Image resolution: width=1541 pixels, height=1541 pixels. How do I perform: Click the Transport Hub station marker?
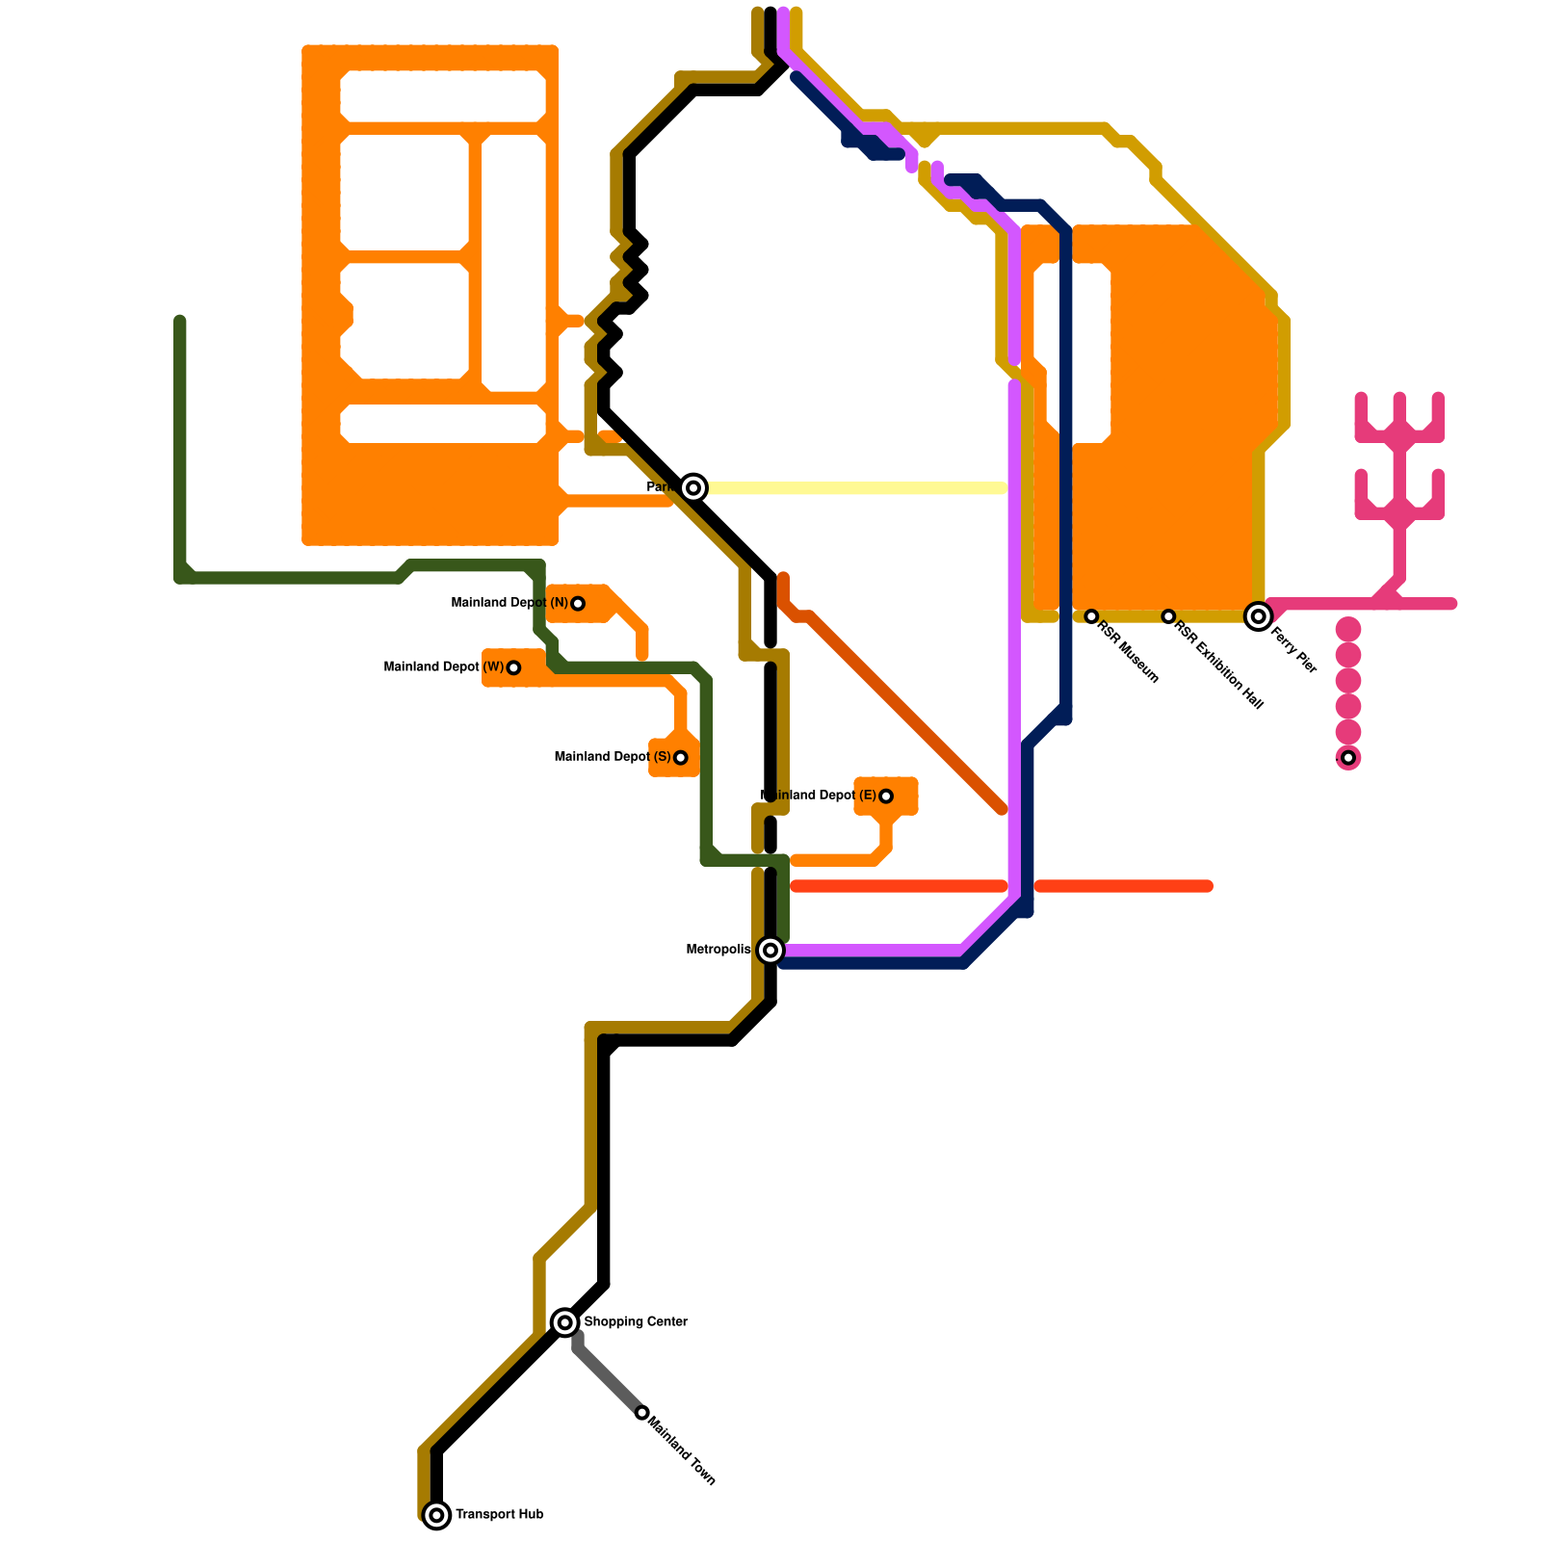click(436, 1515)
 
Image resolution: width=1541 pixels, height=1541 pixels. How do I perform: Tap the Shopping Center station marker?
click(565, 1322)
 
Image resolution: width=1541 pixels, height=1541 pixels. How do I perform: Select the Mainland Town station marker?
click(642, 1413)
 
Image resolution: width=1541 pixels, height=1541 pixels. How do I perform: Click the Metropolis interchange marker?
click(770, 951)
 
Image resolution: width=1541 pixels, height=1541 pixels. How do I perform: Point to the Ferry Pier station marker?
click(1258, 616)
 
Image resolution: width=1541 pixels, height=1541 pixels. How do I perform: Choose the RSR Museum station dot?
click(1091, 616)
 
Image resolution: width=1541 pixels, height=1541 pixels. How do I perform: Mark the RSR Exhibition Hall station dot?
click(1168, 616)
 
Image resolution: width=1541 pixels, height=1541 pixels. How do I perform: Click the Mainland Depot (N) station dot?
click(578, 604)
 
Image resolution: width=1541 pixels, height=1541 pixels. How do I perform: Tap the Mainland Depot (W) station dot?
click(513, 667)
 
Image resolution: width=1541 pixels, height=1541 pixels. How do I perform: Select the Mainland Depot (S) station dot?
click(681, 758)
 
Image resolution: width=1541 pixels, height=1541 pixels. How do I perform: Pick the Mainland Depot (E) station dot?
click(886, 797)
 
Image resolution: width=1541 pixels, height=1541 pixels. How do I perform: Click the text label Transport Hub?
click(499, 1515)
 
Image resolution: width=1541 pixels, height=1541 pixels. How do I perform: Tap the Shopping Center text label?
click(636, 1322)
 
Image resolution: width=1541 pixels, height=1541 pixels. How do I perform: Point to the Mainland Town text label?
click(682, 1450)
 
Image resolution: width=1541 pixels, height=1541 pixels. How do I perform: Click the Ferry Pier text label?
click(1293, 650)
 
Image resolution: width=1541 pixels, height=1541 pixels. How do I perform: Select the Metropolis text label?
click(718, 951)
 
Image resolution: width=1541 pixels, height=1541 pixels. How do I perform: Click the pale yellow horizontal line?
click(857, 488)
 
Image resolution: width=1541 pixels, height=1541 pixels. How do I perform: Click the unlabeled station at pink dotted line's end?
click(1348, 758)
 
